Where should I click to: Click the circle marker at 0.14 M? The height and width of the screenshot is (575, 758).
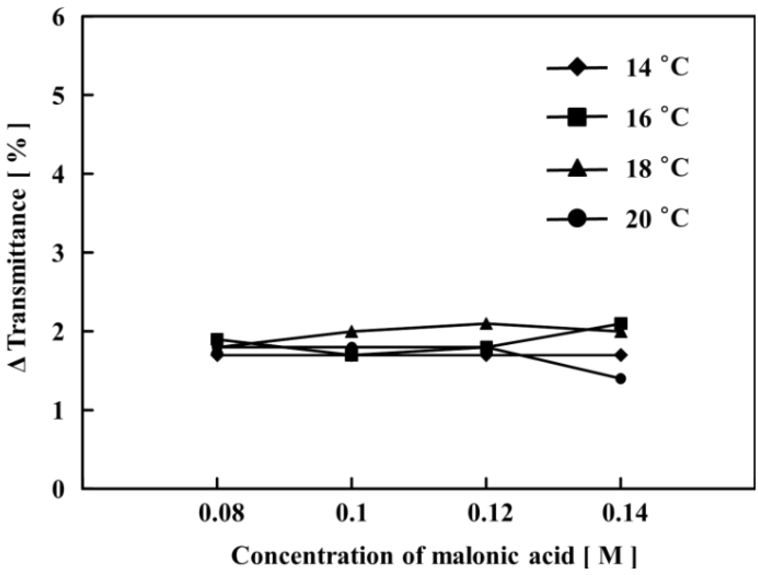pyautogui.click(x=621, y=379)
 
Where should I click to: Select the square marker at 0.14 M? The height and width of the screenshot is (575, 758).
pyautogui.click(x=621, y=324)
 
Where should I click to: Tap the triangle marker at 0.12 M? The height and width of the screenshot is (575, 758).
pyautogui.click(x=486, y=323)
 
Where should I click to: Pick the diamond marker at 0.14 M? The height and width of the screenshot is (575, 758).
pyautogui.click(x=621, y=355)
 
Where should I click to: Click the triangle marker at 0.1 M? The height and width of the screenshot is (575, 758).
pyautogui.click(x=352, y=332)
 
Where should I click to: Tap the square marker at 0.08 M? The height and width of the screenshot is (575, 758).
pyautogui.click(x=217, y=339)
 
